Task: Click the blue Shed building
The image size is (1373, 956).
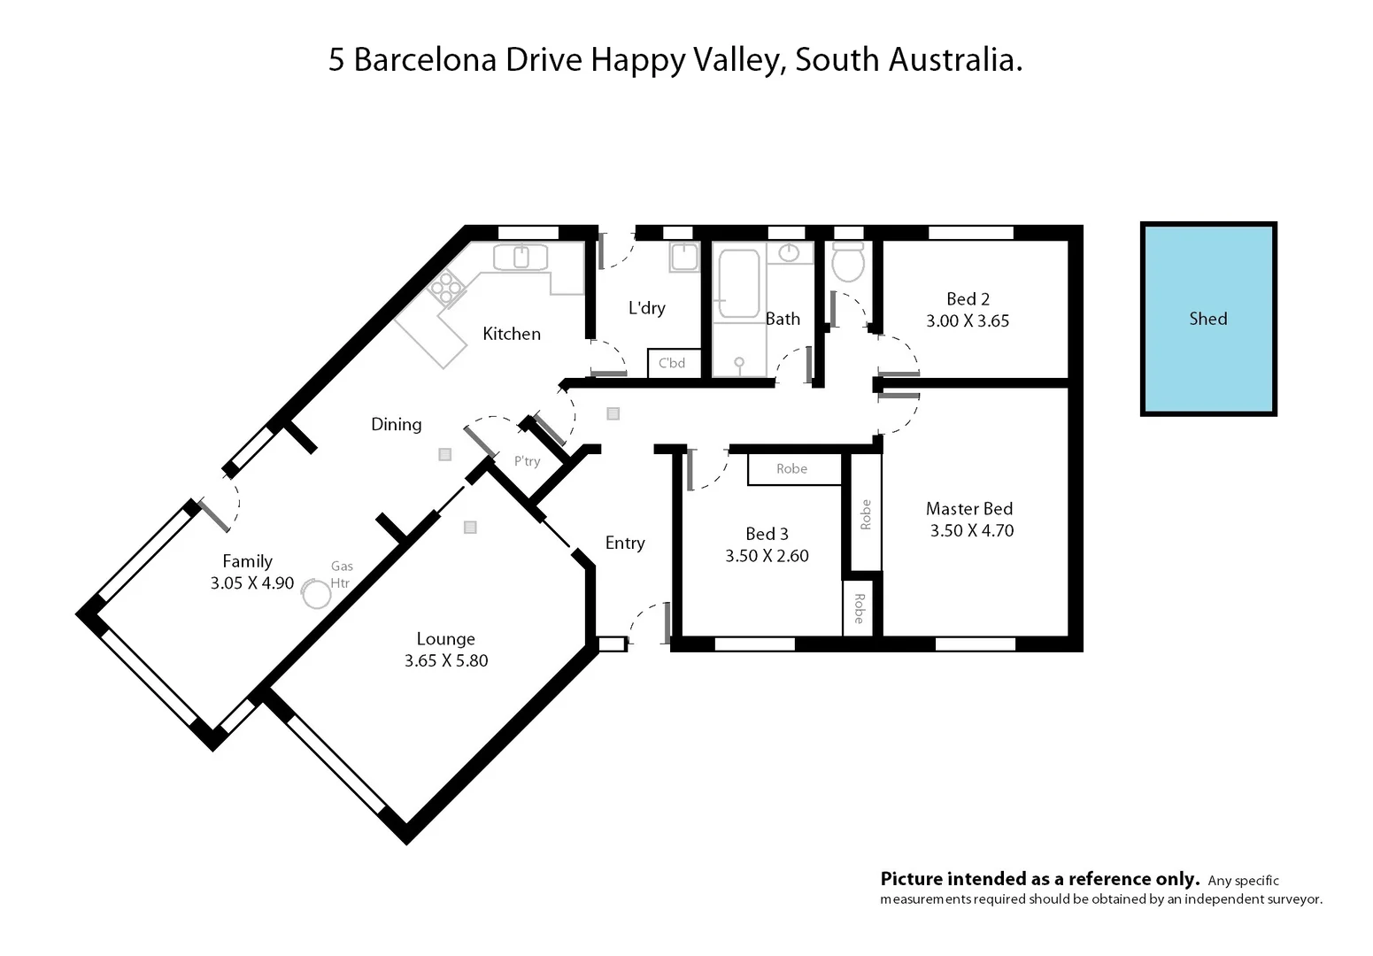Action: [1207, 319]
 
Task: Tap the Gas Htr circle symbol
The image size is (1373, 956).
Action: [316, 594]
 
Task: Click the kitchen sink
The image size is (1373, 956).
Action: [521, 258]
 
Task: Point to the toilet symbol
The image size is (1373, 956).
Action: [848, 262]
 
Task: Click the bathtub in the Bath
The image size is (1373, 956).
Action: [738, 283]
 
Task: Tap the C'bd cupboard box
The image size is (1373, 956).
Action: [673, 363]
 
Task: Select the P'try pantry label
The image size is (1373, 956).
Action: [527, 461]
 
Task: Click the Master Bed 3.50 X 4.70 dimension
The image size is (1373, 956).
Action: [971, 531]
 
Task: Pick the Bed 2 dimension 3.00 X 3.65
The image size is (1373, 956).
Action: [968, 321]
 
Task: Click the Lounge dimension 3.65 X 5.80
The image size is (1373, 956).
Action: [446, 660]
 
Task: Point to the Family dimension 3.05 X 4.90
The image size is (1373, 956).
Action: [252, 583]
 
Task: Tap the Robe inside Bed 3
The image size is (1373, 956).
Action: [792, 469]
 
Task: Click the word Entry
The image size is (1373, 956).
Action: [625, 544]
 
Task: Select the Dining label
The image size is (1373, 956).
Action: [396, 425]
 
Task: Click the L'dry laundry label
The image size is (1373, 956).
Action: [646, 308]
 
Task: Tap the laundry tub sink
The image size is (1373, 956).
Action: [684, 258]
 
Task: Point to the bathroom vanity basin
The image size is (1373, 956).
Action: [789, 254]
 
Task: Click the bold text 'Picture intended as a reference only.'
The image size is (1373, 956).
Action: [1039, 879]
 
